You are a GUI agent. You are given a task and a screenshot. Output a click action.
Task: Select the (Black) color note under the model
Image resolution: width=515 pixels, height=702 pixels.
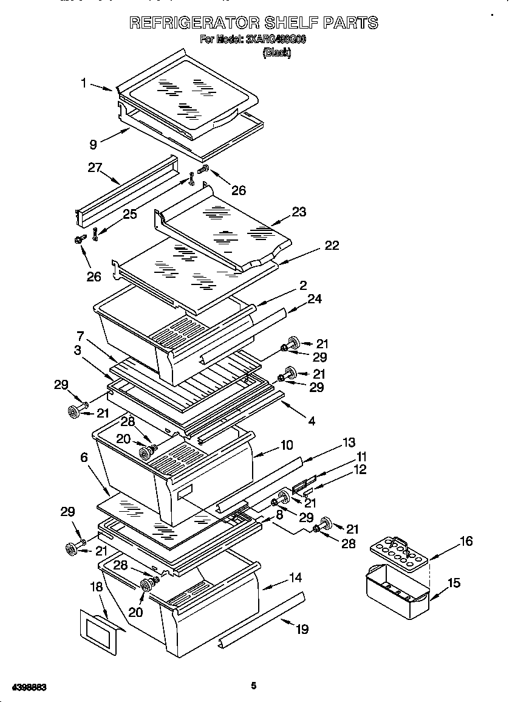coord(276,53)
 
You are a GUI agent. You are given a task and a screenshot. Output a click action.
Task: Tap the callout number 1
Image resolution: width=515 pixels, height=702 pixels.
coord(84,83)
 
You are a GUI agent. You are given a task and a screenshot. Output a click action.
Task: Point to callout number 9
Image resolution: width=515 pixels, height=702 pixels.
coord(93,144)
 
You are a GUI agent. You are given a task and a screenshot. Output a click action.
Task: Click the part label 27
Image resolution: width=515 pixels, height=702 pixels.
coord(94,168)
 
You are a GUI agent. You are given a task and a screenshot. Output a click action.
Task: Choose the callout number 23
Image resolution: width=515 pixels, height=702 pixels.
coord(299,212)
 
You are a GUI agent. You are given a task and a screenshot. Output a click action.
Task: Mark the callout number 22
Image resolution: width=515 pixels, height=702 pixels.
coord(332,246)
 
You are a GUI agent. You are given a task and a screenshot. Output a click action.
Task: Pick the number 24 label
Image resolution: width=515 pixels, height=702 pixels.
coord(314,298)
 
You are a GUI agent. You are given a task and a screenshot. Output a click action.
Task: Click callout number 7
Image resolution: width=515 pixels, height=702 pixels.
coord(80,336)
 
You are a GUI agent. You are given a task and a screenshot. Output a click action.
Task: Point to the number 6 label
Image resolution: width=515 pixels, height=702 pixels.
coord(84,458)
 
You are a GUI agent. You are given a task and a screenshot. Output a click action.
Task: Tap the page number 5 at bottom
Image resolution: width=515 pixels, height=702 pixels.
coord(254,686)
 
